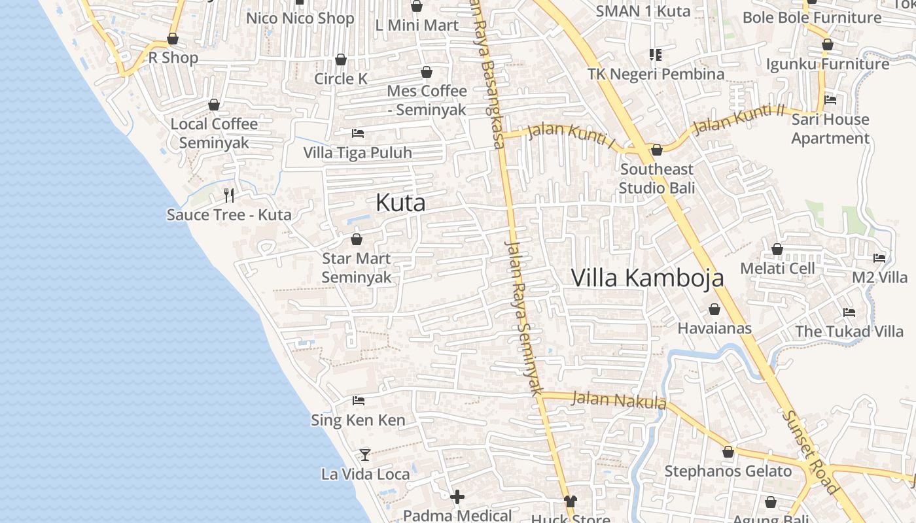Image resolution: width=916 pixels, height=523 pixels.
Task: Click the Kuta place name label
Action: pyautogui.click(x=400, y=203)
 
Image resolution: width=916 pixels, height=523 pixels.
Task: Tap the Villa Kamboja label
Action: pyautogui.click(x=647, y=278)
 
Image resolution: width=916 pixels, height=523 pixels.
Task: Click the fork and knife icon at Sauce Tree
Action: pyautogui.click(x=229, y=195)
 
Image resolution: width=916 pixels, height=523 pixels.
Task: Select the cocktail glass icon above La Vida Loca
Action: pyautogui.click(x=365, y=454)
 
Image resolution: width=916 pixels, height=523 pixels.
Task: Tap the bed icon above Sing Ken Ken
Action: pyautogui.click(x=359, y=400)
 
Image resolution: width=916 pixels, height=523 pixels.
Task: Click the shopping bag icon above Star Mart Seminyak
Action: pyautogui.click(x=357, y=239)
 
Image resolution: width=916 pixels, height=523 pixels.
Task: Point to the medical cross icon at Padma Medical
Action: pyautogui.click(x=457, y=497)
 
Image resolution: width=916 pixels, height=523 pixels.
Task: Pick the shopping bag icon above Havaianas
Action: pyautogui.click(x=714, y=309)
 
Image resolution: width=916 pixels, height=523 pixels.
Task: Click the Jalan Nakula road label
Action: pyautogui.click(x=618, y=399)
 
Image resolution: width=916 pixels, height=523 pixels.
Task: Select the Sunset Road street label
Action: pyautogui.click(x=811, y=452)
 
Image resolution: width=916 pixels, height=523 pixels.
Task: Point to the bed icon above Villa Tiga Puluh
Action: pyautogui.click(x=358, y=133)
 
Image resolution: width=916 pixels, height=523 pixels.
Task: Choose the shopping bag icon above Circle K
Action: pyautogui.click(x=340, y=59)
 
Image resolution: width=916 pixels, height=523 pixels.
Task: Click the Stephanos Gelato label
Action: pyautogui.click(x=728, y=471)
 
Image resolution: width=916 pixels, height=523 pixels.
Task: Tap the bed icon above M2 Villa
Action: pyautogui.click(x=879, y=258)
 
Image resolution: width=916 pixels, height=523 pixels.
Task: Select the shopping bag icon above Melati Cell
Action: pyautogui.click(x=777, y=249)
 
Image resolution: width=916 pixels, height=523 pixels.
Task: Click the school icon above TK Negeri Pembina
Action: pyautogui.click(x=655, y=54)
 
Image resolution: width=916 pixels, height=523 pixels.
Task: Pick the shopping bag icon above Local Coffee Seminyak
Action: pyautogui.click(x=214, y=105)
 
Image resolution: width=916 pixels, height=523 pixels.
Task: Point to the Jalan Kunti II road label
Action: pyautogui.click(x=738, y=118)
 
